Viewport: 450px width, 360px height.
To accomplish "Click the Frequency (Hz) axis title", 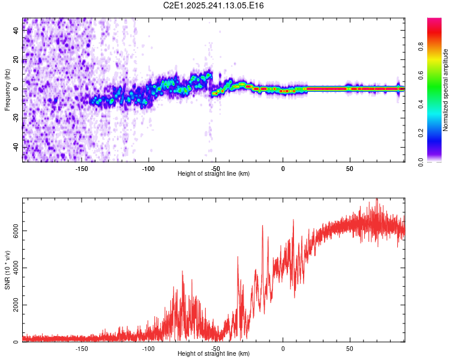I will [7, 90].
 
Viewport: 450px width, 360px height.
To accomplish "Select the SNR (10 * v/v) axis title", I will [7, 270].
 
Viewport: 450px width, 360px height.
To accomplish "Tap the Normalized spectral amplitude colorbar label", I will [446, 90].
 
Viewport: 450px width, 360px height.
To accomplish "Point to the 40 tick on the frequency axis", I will [16, 31].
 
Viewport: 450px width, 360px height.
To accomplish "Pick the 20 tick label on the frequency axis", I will [16, 60].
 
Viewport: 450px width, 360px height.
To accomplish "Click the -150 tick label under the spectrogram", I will [82, 168].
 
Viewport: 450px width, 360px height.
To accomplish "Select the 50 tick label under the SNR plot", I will [349, 348].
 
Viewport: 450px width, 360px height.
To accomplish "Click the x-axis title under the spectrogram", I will [214, 173].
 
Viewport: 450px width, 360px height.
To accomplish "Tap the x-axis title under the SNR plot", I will [214, 353].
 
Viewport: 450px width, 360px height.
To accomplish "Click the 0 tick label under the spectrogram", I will [283, 168].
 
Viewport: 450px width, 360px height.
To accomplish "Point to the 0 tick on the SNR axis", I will [16, 342].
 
